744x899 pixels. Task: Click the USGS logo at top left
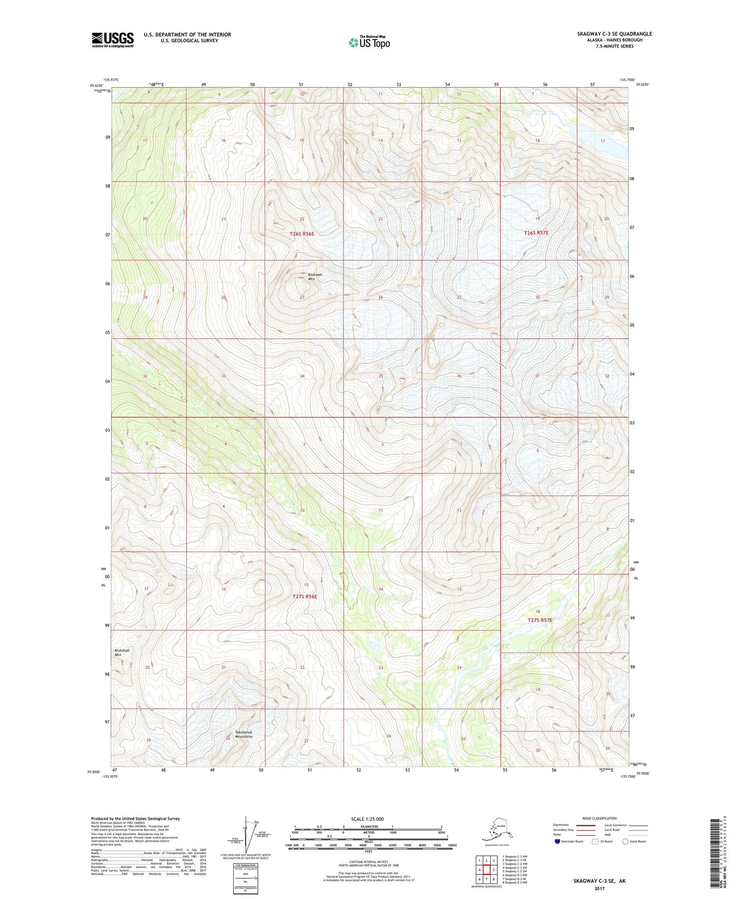click(x=112, y=40)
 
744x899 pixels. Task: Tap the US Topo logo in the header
click(x=369, y=42)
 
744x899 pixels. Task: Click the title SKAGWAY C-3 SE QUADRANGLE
click(x=614, y=34)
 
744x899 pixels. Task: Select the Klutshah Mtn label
click(x=122, y=652)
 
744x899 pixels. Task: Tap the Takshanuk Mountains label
click(x=244, y=734)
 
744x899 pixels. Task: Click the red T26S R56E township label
click(x=302, y=234)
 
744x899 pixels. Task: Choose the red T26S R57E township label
click(x=536, y=233)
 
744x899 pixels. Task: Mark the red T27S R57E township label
click(x=540, y=620)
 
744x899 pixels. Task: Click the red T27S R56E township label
click(x=305, y=596)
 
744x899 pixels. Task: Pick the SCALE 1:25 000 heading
click(x=368, y=819)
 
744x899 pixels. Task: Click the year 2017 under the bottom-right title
click(x=599, y=888)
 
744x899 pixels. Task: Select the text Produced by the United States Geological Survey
click(x=135, y=818)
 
